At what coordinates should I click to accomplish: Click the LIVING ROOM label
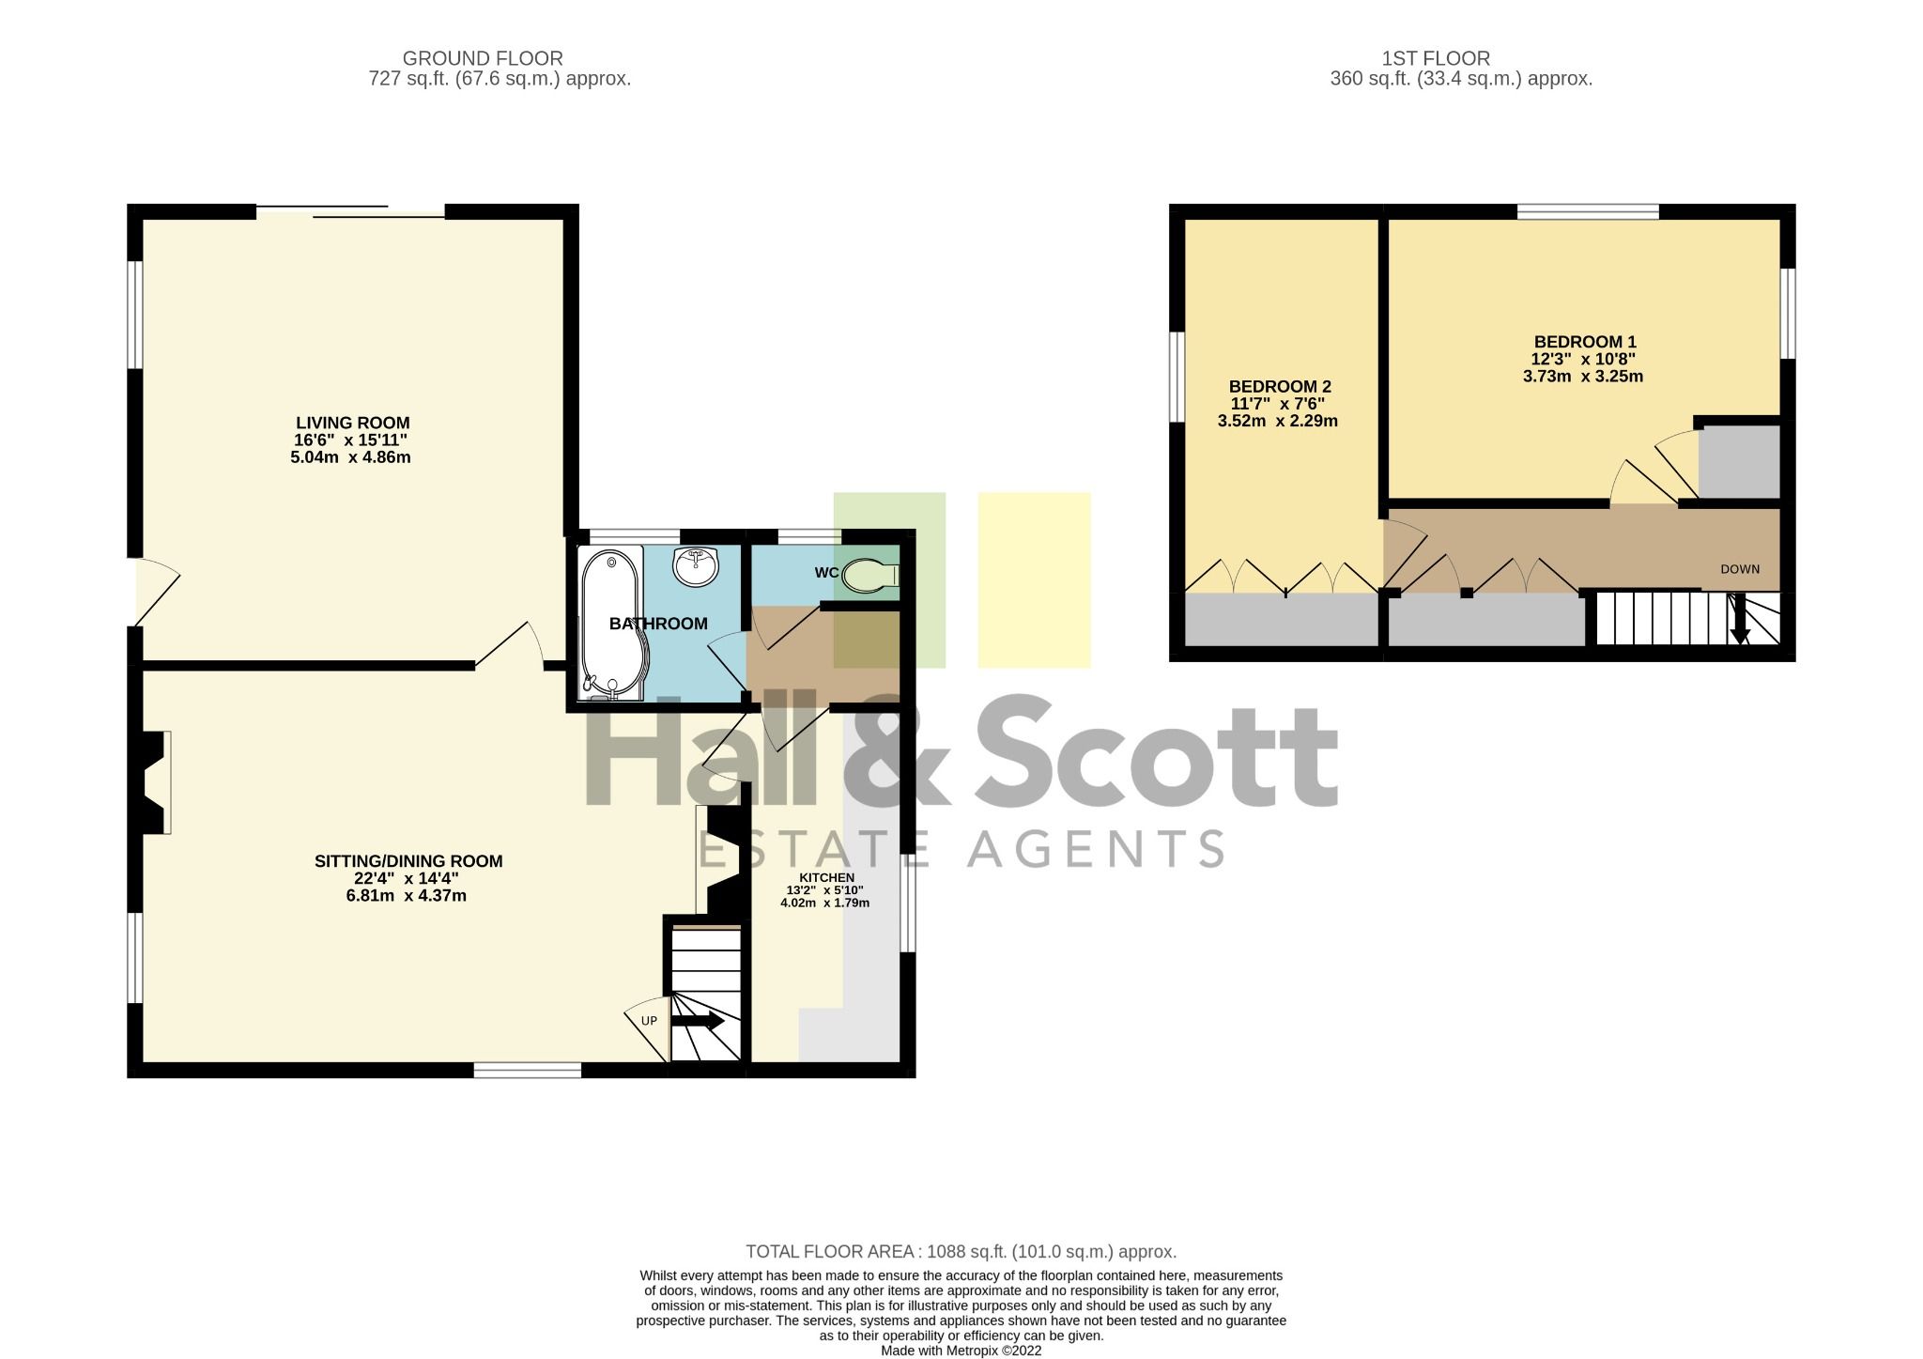pos(352,423)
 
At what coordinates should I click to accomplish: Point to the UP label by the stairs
pos(649,1021)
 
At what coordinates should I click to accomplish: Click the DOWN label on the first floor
pos(1739,569)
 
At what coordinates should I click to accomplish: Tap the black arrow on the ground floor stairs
pos(699,1020)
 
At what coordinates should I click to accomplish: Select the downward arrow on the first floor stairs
pos(1739,622)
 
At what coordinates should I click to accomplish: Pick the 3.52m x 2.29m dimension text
pos(1277,421)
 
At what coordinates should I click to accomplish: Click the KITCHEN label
pos(826,877)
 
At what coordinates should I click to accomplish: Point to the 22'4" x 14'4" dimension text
pos(406,878)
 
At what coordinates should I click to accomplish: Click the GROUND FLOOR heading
pos(483,58)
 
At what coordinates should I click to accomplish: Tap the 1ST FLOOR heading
pos(1435,58)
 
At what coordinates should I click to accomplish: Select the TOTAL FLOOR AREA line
pos(960,1251)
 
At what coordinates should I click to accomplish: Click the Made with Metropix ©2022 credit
pos(960,1351)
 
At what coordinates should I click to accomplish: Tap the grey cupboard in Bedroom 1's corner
pos(1739,462)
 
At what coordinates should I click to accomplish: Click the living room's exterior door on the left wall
pos(155,592)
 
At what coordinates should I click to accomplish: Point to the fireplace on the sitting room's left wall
pos(156,781)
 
